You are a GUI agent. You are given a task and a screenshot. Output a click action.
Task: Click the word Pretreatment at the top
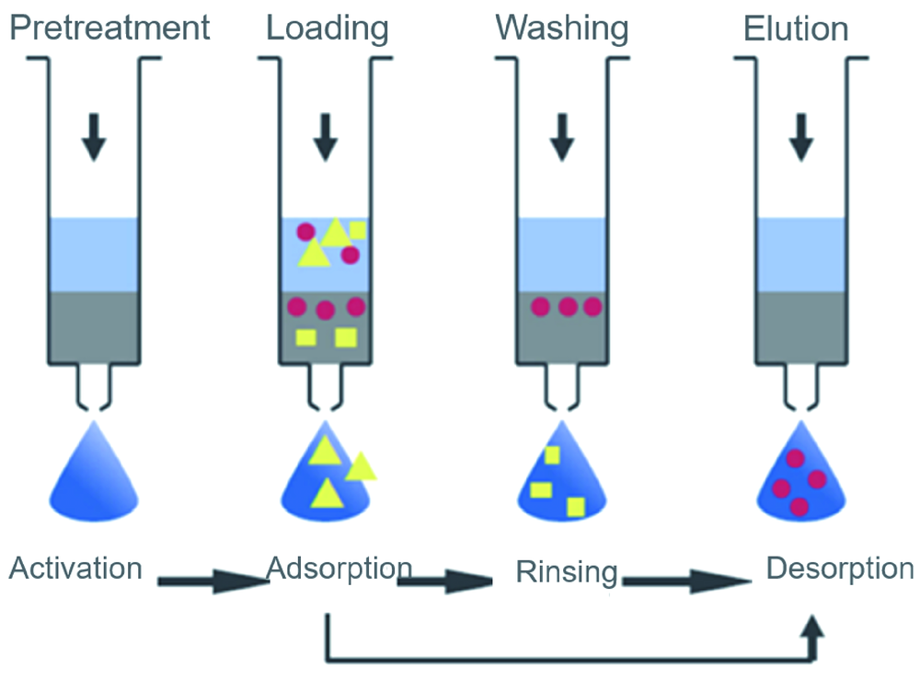pos(109,28)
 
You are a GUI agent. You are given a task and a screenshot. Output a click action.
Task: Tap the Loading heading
pos(328,28)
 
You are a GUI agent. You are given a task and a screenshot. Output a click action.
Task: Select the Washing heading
pos(562,28)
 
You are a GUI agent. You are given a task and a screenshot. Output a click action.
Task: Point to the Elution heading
pos(796,28)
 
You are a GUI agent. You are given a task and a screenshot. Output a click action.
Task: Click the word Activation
pos(75,568)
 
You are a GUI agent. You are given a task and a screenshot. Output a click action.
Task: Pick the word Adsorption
pos(338,568)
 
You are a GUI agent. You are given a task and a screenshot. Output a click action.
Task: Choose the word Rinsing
pos(567,572)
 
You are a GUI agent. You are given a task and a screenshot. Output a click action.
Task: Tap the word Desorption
pos(840,568)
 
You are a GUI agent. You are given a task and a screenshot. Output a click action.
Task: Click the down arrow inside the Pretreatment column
pos(92,135)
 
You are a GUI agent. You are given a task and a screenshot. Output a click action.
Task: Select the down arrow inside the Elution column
pos(802,135)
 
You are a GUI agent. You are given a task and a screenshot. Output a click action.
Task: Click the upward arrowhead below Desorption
pos(811,628)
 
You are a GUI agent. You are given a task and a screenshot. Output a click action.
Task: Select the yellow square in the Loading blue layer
pos(357,231)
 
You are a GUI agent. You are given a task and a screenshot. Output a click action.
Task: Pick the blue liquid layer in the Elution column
pos(801,254)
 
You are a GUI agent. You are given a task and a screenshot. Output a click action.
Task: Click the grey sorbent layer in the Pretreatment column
pos(93,327)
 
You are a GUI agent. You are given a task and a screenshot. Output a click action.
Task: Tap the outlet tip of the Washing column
pos(561,405)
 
